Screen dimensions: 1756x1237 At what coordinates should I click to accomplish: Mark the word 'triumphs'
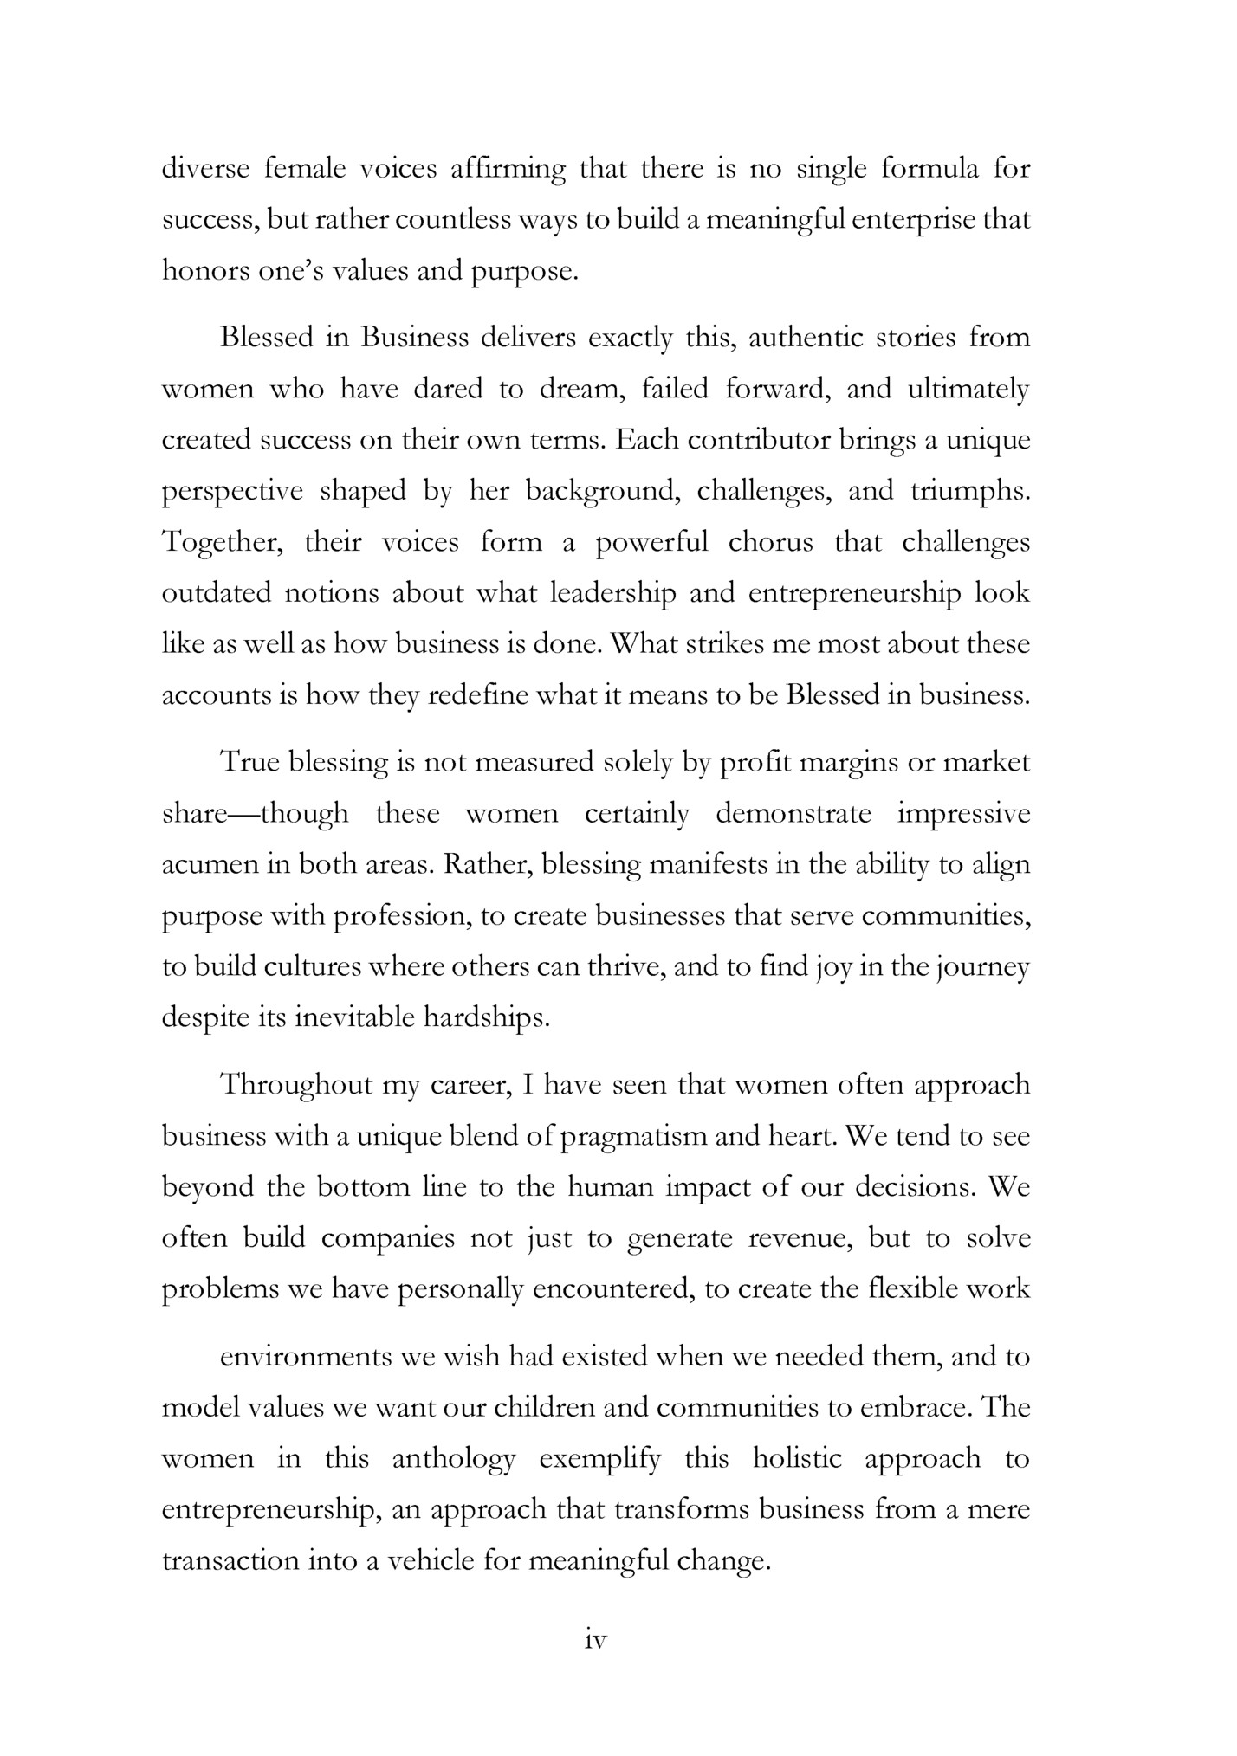point(971,491)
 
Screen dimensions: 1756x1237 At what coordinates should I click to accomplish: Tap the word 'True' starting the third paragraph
point(249,762)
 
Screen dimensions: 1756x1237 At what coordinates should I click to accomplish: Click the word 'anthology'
point(454,1459)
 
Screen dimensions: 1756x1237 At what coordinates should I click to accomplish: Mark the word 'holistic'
point(797,1459)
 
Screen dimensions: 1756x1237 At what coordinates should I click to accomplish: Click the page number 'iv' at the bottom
point(595,1640)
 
